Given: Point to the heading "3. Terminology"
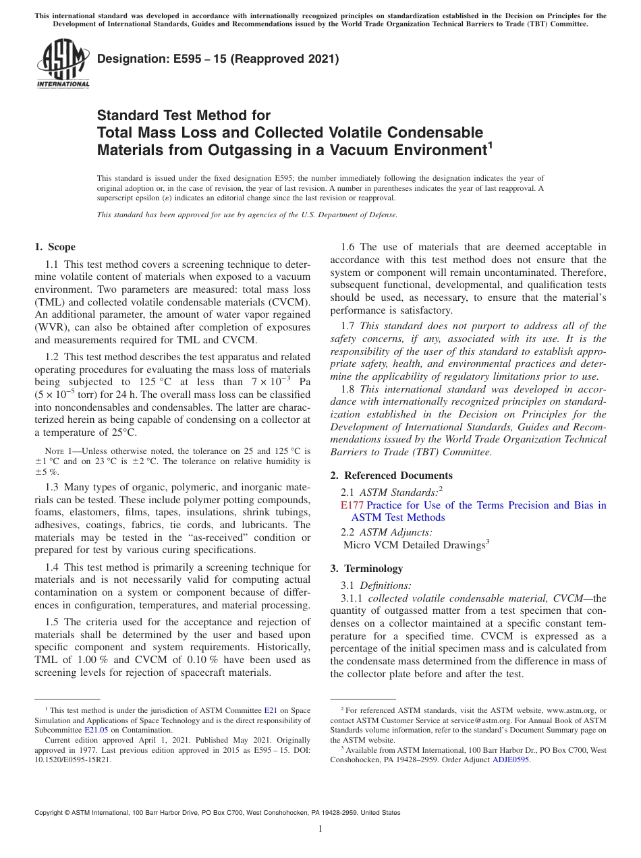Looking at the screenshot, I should [x=366, y=569].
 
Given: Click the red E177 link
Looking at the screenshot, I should [x=352, y=505].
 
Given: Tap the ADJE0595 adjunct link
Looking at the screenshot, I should [x=511, y=760].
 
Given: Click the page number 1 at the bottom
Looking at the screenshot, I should [x=320, y=829].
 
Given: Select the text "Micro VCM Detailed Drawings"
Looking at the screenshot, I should [x=414, y=544].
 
